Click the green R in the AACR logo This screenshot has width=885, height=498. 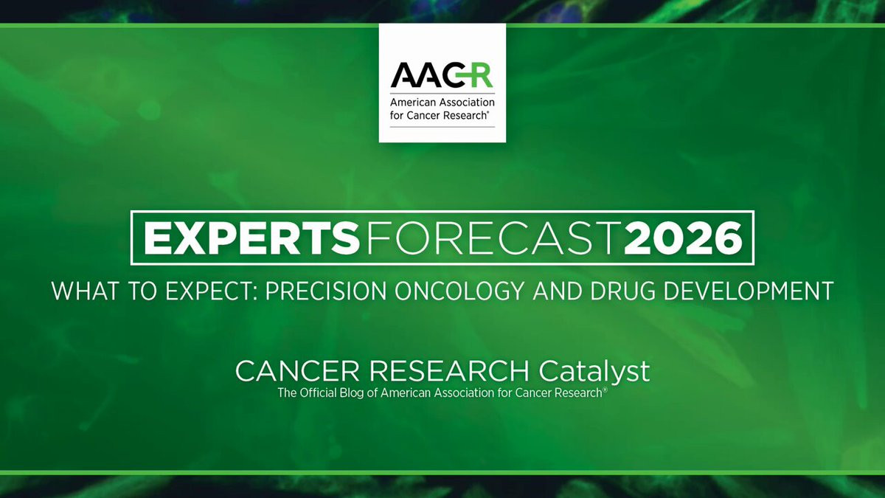click(x=481, y=75)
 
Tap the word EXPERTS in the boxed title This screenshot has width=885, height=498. click(x=251, y=238)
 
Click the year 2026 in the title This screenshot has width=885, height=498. click(x=683, y=238)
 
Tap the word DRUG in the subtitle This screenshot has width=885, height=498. click(x=622, y=291)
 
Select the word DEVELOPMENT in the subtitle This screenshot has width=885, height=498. click(x=749, y=291)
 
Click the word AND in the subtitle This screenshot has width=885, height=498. click(x=557, y=291)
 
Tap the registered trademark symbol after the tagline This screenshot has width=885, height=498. click(x=605, y=390)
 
